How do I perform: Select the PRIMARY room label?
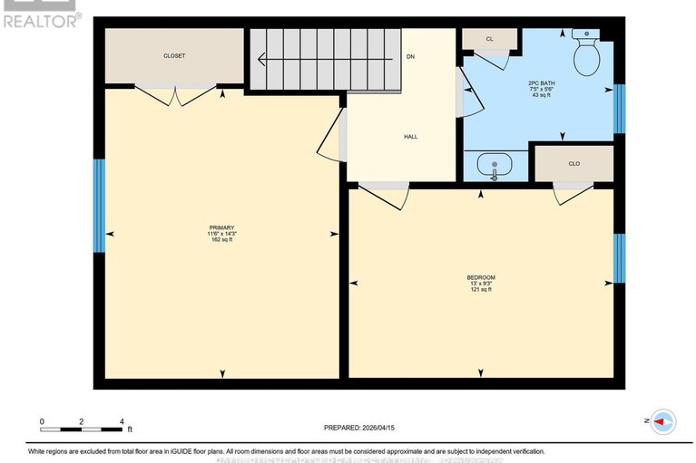pyautogui.click(x=222, y=227)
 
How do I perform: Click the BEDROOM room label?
pyautogui.click(x=481, y=277)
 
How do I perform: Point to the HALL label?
pyautogui.click(x=410, y=137)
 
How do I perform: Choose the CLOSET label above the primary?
pyautogui.click(x=174, y=56)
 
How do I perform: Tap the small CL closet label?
pyautogui.click(x=489, y=39)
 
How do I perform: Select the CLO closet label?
pyautogui.click(x=573, y=163)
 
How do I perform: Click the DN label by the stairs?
pyautogui.click(x=410, y=57)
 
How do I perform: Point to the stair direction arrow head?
pyautogui.click(x=260, y=60)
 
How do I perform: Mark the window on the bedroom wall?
pyautogui.click(x=619, y=258)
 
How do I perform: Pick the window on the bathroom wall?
pyautogui.click(x=619, y=109)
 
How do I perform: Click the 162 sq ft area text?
pyautogui.click(x=222, y=240)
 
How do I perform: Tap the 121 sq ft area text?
pyautogui.click(x=481, y=290)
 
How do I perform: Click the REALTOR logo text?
pyautogui.click(x=42, y=20)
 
